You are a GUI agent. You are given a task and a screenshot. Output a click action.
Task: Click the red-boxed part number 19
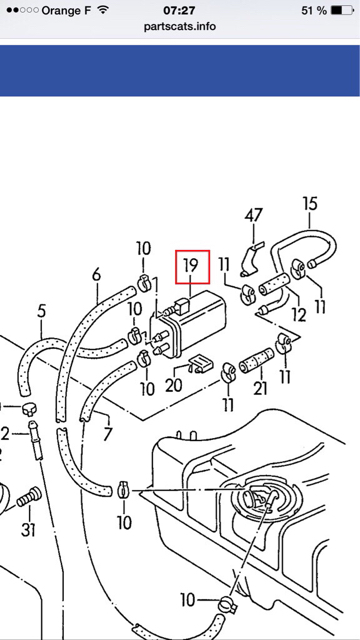coord(191,266)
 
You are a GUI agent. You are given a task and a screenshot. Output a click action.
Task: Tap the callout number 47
coord(253,216)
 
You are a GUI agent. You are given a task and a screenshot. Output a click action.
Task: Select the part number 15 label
coord(310,204)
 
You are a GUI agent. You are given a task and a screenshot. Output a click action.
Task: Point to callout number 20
coord(173,385)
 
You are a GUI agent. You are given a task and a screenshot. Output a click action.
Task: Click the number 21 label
coord(261,388)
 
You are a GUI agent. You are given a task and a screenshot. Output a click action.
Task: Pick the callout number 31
coord(28,530)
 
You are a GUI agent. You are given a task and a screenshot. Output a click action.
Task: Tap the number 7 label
coord(107,434)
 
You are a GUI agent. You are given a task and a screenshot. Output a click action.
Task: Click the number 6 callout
coord(96,275)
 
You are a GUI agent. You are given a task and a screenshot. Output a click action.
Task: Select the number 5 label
coord(41,311)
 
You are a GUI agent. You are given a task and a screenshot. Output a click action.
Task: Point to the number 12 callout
coord(299,315)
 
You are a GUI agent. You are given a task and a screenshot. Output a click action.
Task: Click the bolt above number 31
coord(29,496)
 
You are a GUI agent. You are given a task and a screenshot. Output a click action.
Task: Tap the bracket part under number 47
coord(250,262)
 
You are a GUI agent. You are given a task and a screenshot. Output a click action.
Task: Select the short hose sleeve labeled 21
coord(256,360)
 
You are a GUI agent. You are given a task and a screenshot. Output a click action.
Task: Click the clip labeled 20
coord(200,363)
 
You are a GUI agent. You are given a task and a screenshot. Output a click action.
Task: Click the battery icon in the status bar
coord(342,10)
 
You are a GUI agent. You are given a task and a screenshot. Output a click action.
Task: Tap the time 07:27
coord(179,10)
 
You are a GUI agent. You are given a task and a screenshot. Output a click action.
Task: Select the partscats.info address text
coord(180,27)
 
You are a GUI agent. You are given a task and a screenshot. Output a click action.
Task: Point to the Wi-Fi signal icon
coord(104,10)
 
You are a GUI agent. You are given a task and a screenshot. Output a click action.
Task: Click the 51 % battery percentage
coord(314,11)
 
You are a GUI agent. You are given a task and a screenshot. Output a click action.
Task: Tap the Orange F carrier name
coord(66,11)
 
